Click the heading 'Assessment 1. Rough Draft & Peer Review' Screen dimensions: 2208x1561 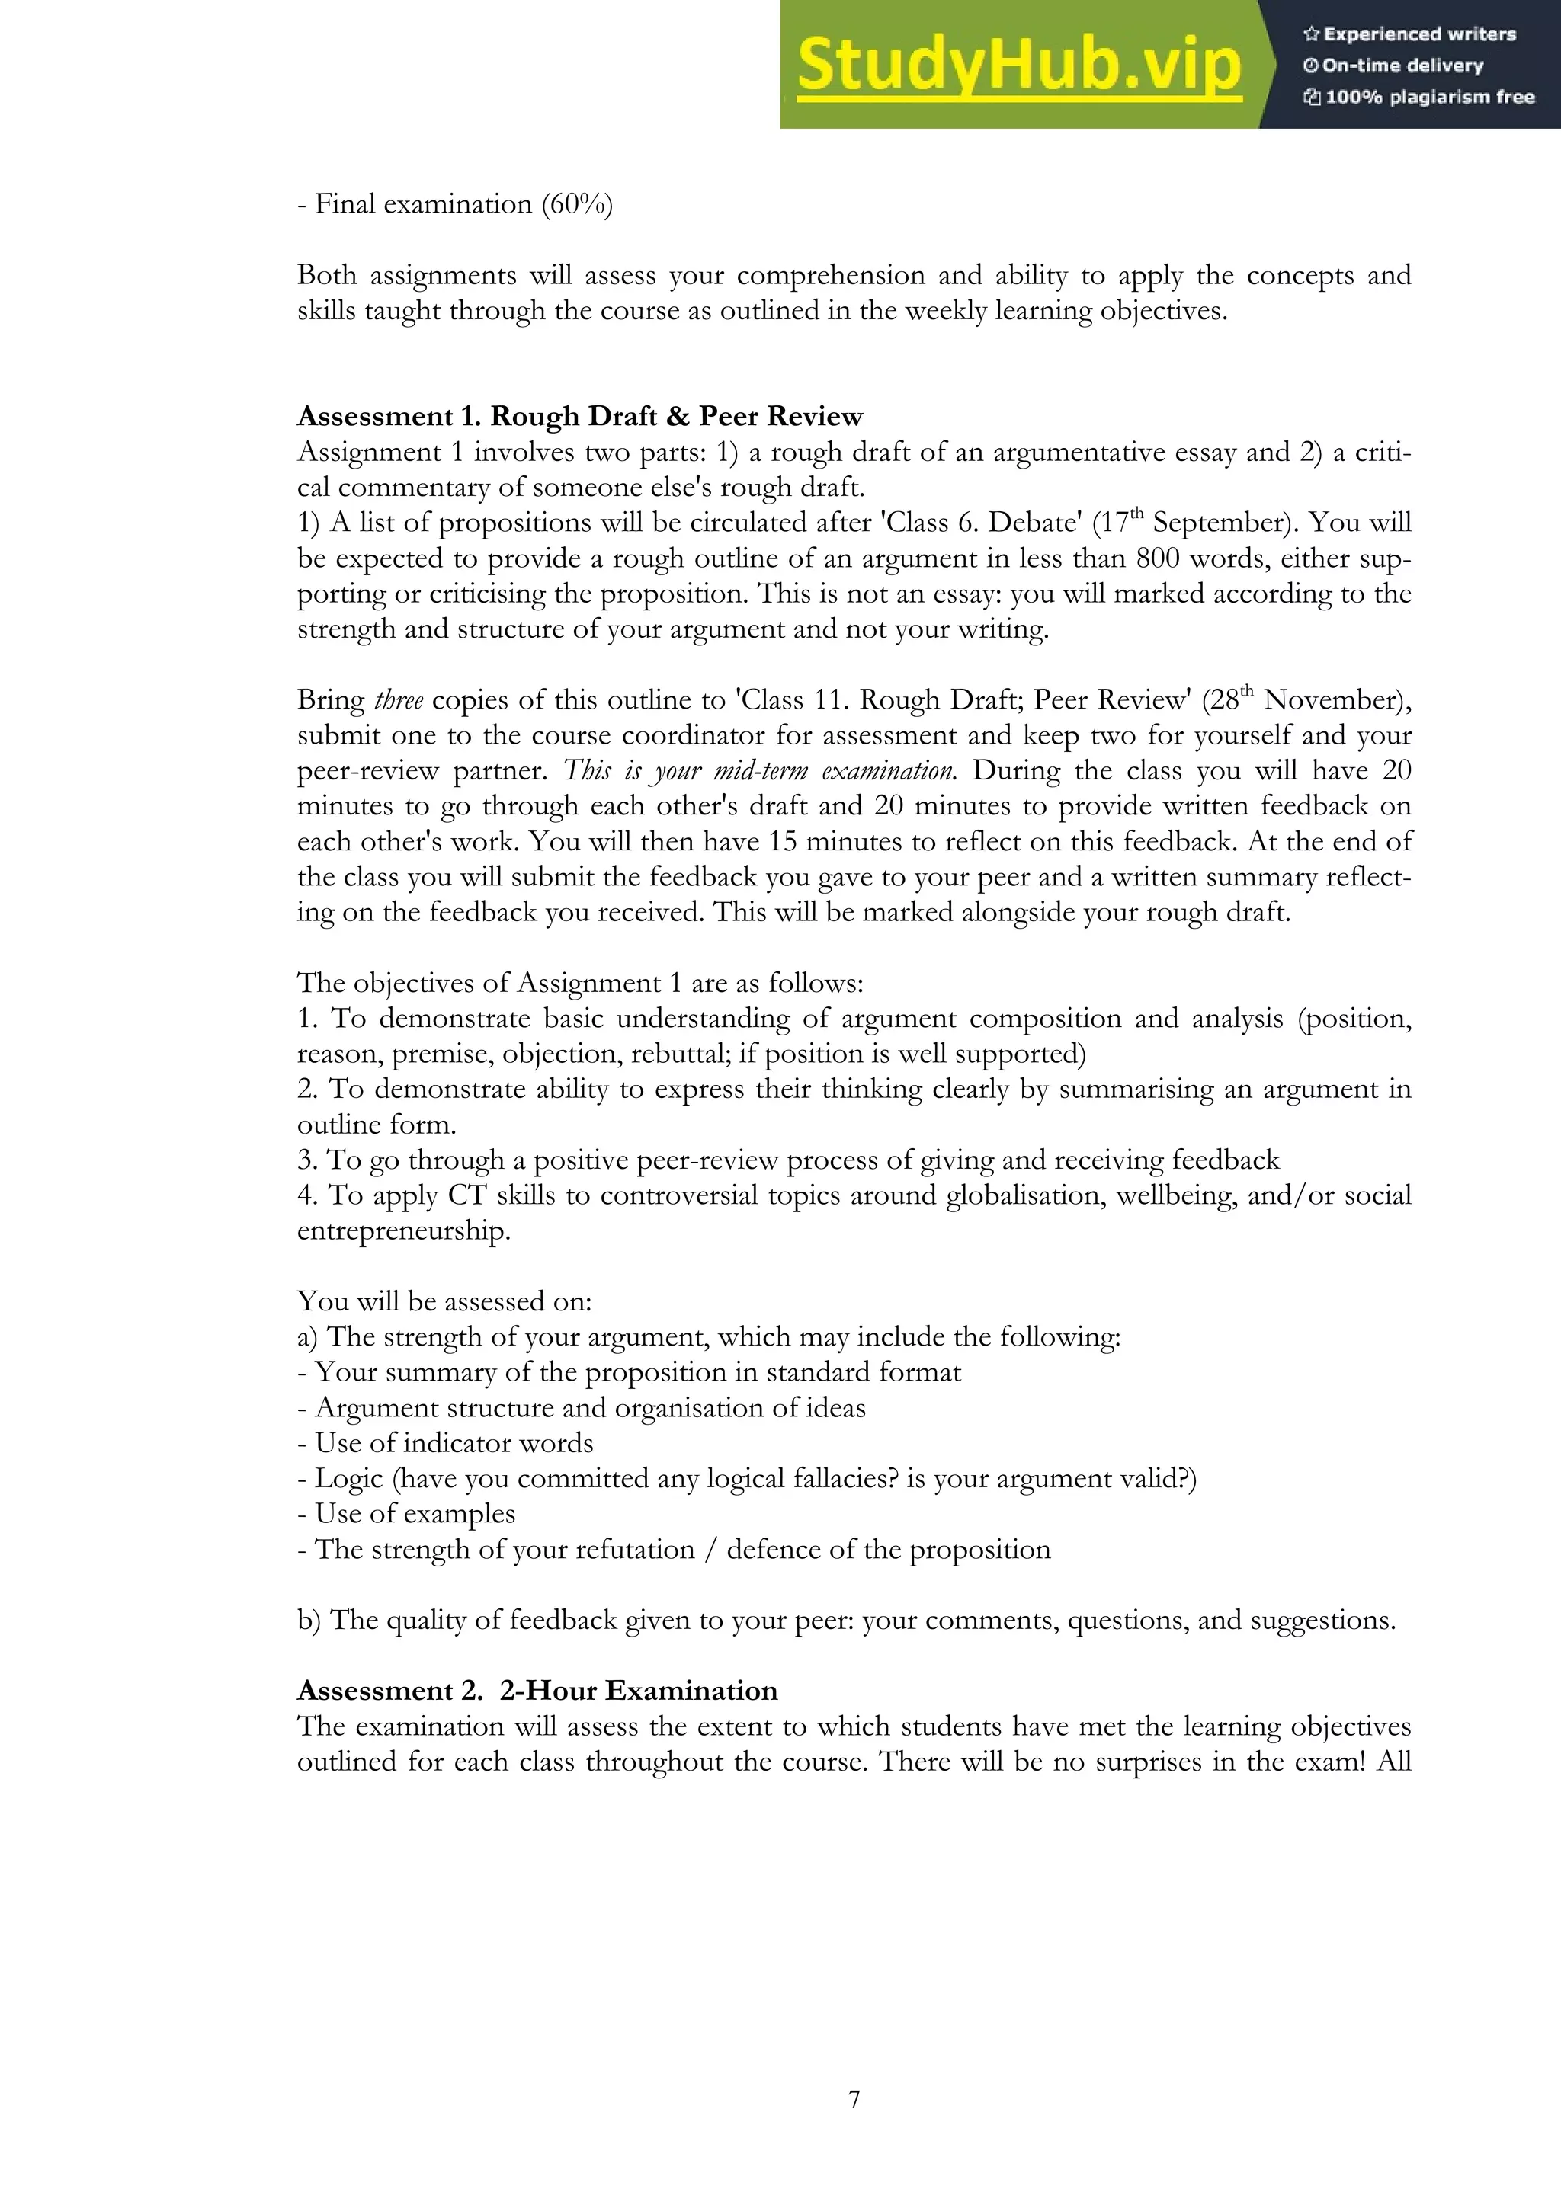(x=580, y=417)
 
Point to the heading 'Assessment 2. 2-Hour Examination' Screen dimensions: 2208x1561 (x=537, y=1691)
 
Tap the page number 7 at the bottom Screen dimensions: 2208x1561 (x=854, y=2099)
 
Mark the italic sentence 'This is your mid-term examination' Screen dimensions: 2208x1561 (x=759, y=771)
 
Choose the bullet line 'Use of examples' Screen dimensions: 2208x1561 (x=415, y=1514)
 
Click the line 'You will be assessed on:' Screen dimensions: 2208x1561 (x=444, y=1302)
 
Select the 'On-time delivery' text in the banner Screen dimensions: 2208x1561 (x=1402, y=66)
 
